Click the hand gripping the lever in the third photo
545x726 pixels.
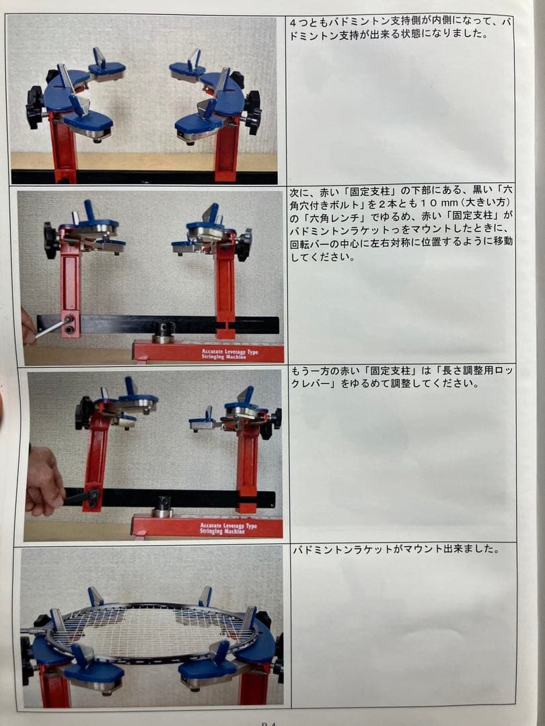point(44,481)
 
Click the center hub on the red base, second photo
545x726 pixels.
point(163,331)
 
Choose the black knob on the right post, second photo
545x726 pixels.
point(244,245)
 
